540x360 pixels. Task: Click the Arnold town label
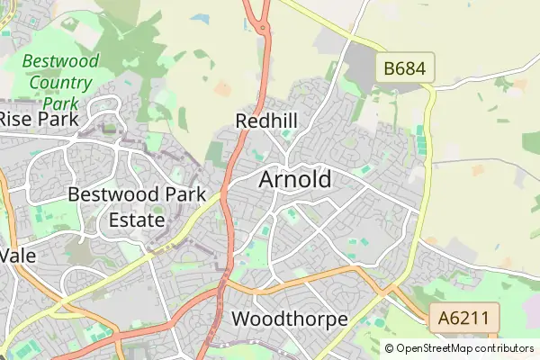[294, 179]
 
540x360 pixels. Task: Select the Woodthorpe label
[289, 319]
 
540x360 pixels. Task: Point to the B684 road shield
[406, 67]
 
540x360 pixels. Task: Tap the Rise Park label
[38, 118]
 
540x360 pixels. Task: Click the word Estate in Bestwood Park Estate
[137, 219]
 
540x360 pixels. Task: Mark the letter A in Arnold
[267, 179]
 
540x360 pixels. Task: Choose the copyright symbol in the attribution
[389, 348]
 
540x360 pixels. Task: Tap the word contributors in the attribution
[501, 348]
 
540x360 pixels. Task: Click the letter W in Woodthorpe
[241, 319]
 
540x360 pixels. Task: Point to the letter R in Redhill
[241, 121]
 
